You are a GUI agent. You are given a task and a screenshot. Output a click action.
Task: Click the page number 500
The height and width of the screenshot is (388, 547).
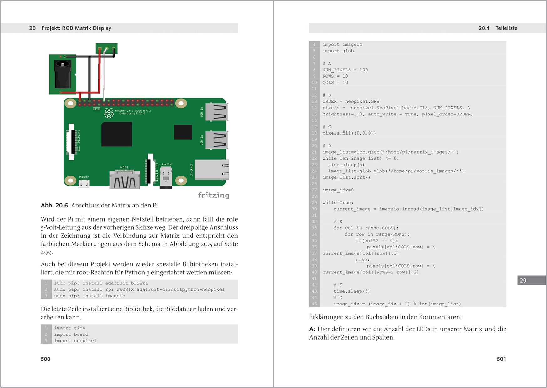45,359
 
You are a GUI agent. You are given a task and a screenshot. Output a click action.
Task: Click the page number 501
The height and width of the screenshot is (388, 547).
501,359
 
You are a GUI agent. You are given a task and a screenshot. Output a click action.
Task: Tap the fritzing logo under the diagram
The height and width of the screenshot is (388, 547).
214,195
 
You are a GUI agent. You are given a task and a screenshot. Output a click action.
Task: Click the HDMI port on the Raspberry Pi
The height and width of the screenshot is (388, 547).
125,180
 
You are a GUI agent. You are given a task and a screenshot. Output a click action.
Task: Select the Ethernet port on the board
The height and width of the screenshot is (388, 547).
212,170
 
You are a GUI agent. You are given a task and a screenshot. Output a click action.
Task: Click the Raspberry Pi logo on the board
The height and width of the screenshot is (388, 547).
109,113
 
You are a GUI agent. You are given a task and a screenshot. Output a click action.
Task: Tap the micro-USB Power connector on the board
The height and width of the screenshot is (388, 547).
84,184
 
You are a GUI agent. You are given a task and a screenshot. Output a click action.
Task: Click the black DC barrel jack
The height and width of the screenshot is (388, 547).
63,74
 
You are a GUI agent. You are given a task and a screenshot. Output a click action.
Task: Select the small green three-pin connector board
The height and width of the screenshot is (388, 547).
106,48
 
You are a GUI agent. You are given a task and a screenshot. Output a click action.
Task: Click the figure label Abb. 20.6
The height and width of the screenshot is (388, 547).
54,205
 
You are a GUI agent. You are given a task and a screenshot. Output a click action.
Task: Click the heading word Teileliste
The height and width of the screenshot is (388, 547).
506,28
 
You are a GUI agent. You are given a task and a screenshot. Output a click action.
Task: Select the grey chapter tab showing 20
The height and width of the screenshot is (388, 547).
531,280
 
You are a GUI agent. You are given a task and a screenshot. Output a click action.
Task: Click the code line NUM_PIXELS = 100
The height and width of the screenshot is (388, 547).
345,70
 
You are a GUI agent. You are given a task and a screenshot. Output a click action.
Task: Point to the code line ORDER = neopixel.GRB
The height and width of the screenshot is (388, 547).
350,101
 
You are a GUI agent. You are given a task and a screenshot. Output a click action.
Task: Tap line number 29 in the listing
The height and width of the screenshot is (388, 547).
314,203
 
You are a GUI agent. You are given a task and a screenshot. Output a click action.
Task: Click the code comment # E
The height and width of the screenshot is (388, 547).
338,222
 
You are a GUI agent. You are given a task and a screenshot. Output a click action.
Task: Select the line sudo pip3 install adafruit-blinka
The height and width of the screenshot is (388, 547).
101,283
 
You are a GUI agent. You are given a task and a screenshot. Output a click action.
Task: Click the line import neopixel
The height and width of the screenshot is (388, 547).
75,341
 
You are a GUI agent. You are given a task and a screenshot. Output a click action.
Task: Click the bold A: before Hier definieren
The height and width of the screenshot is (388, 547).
312,329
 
